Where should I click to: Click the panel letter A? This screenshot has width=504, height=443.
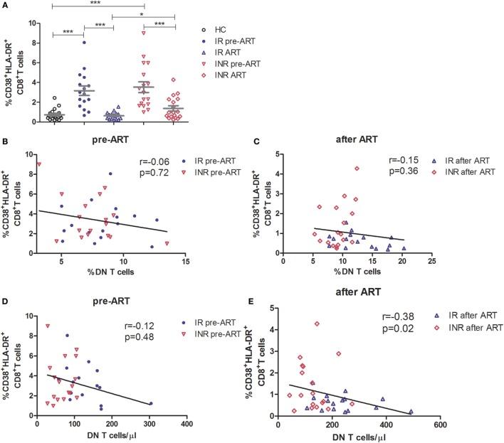point(6,6)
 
